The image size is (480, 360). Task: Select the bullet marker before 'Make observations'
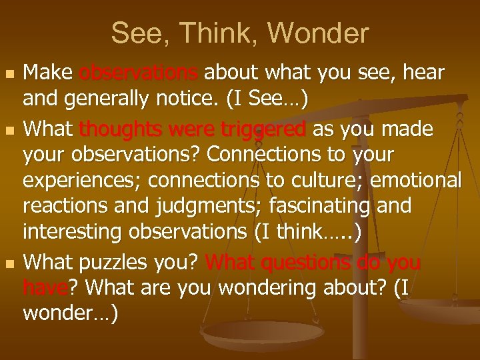tap(8, 71)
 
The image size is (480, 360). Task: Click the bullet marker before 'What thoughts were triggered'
tap(8, 128)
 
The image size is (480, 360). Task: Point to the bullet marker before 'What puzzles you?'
tap(8, 263)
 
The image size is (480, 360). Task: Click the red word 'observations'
tap(138, 71)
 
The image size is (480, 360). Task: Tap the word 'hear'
tap(425, 71)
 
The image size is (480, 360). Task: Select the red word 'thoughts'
tap(122, 128)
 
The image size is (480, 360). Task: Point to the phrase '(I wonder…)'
tap(71, 301)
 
